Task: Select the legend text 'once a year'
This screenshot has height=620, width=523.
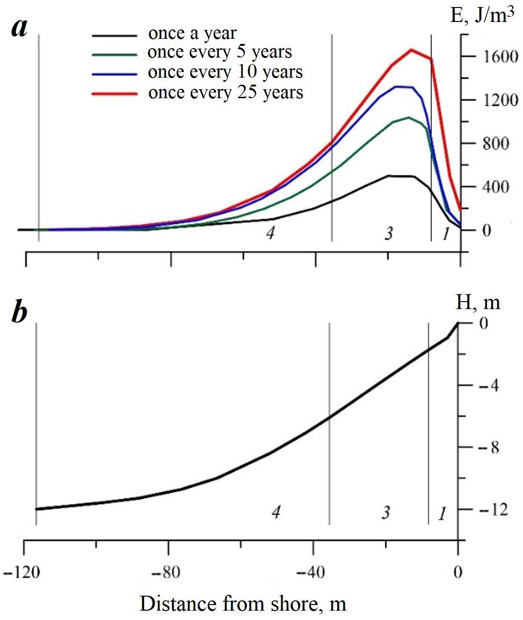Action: (192, 34)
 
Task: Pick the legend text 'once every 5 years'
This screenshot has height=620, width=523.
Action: (220, 52)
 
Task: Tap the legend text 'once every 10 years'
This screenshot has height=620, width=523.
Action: (225, 72)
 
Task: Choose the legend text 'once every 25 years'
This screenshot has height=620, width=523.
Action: (226, 93)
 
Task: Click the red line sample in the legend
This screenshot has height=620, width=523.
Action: (115, 94)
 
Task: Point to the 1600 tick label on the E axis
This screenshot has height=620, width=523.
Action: (494, 57)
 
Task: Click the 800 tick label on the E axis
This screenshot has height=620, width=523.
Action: (496, 144)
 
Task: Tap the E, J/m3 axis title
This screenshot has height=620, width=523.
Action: (479, 16)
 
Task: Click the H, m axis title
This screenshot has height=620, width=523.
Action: (478, 303)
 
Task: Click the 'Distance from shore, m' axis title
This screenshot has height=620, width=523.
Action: (243, 604)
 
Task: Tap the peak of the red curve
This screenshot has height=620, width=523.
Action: (411, 49)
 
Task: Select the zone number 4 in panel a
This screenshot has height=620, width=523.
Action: (269, 232)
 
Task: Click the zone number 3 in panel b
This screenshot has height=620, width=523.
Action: (385, 512)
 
